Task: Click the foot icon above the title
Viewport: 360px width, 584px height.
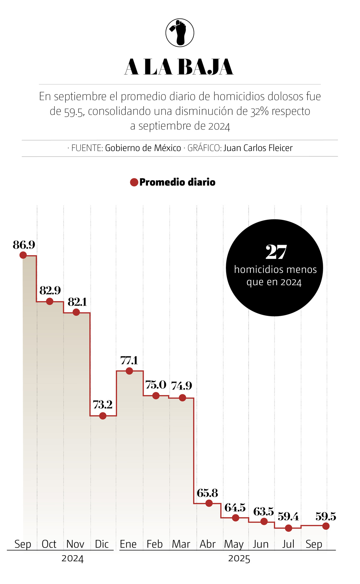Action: click(180, 33)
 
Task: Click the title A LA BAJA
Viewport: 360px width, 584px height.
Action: click(179, 67)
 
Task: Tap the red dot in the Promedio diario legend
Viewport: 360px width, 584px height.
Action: click(134, 182)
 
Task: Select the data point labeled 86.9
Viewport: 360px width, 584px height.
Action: click(23, 255)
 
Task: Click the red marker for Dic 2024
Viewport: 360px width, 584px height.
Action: click(103, 416)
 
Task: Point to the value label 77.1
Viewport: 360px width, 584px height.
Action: click(129, 360)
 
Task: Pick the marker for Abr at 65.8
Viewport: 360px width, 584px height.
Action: click(209, 503)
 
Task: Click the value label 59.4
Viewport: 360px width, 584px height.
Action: click(288, 517)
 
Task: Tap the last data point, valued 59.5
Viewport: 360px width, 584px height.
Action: click(326, 526)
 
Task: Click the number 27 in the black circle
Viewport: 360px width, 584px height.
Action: click(276, 252)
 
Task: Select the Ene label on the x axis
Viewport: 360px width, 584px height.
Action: click(128, 544)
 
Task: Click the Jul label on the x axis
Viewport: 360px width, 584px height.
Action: click(288, 544)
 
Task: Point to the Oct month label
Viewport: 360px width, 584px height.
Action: click(49, 544)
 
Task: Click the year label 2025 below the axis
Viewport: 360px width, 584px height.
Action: click(239, 559)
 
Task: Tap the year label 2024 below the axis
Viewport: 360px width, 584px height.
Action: click(72, 559)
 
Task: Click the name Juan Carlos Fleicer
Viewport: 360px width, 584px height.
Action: click(258, 148)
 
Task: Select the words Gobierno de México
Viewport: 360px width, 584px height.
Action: click(143, 148)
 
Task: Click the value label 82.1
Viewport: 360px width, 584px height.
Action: click(77, 302)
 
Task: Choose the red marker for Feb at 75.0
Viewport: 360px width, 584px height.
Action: click(156, 396)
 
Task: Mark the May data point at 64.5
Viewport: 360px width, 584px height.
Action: click(235, 517)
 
